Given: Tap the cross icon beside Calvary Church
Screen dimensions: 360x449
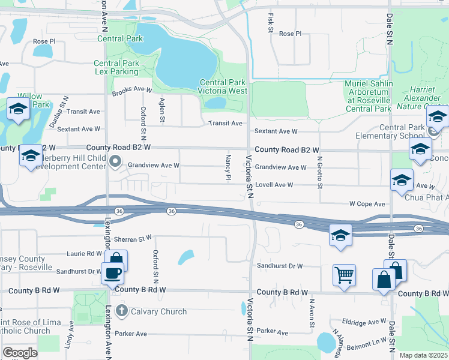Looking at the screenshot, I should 122,311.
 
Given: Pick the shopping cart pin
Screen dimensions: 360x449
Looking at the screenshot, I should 344,275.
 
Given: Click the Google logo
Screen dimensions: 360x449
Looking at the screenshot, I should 20,353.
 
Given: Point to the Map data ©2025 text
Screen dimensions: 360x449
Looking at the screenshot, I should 424,355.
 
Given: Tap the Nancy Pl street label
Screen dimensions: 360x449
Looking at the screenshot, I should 228,167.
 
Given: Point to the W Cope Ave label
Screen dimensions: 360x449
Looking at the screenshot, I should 367,204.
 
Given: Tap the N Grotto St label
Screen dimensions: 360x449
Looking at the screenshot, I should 321,170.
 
